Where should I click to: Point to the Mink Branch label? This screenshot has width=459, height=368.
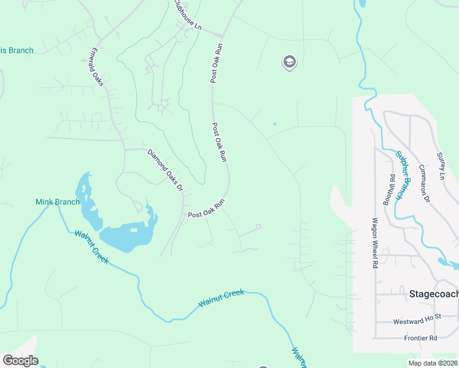(x=57, y=202)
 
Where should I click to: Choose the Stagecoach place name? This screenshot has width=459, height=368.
(x=433, y=294)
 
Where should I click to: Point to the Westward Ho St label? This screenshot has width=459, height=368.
(x=417, y=321)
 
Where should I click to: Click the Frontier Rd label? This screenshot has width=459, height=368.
(x=420, y=338)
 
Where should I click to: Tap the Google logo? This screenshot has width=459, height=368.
(x=20, y=361)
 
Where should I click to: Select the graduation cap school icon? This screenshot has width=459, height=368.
(x=289, y=61)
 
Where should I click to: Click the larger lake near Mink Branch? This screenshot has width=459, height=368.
(x=126, y=237)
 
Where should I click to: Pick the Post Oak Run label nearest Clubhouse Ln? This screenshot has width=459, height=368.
(x=216, y=63)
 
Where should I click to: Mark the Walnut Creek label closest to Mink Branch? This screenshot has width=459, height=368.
(x=92, y=247)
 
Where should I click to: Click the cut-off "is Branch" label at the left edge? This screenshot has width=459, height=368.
(x=17, y=51)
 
